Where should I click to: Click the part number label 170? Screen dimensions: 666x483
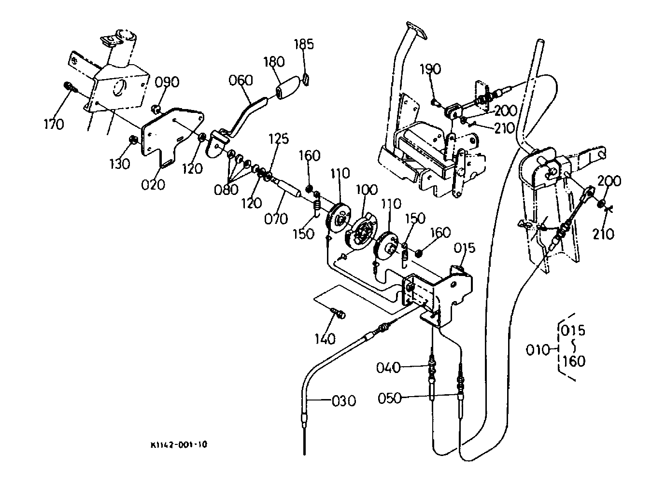(x=54, y=124)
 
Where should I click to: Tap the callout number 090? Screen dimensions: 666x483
(x=167, y=82)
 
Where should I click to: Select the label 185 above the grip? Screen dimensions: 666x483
(x=304, y=44)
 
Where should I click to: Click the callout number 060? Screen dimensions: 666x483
(x=241, y=80)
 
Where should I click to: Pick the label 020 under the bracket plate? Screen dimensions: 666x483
(x=153, y=185)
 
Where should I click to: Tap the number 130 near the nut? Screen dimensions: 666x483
(x=120, y=164)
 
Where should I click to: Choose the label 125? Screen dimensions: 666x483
(x=279, y=138)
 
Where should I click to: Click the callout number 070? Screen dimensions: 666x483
(x=276, y=219)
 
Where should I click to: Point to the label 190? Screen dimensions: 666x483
(x=430, y=69)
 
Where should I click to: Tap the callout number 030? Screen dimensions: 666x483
(x=344, y=401)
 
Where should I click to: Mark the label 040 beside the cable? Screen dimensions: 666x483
(x=388, y=368)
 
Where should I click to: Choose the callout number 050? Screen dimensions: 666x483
(x=390, y=399)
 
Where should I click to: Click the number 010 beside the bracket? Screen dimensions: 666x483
(x=538, y=350)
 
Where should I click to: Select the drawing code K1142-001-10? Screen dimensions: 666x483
(x=179, y=445)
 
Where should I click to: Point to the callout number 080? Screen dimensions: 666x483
(x=226, y=190)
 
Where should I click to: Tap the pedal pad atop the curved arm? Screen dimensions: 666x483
(x=416, y=30)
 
